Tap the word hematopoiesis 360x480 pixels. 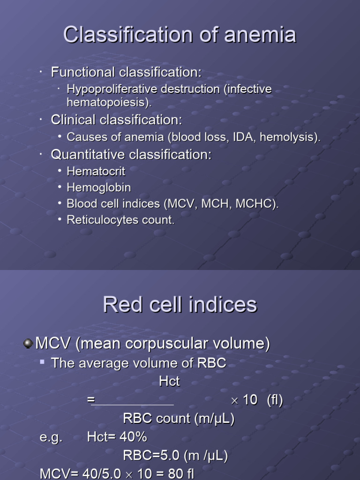click(x=109, y=102)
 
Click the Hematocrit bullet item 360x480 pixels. click(x=96, y=171)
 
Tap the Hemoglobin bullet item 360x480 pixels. click(x=99, y=187)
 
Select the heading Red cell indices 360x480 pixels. click(x=180, y=305)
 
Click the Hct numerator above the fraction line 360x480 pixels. click(x=169, y=382)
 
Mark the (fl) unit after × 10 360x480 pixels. click(x=275, y=400)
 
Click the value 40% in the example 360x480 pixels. click(x=134, y=437)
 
